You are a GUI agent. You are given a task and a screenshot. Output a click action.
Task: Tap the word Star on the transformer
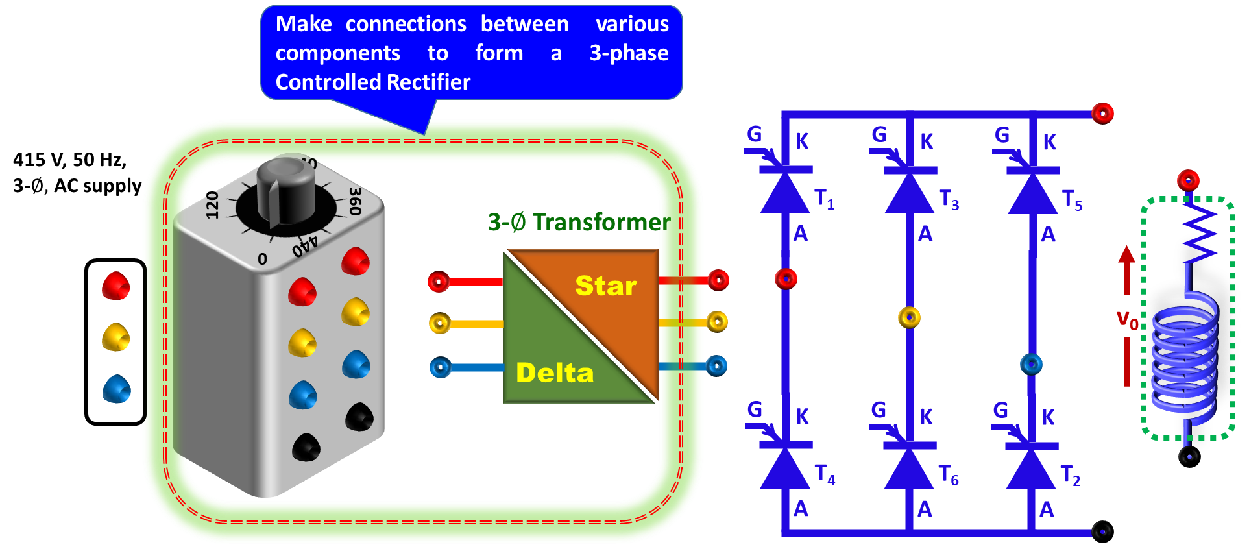pos(606,286)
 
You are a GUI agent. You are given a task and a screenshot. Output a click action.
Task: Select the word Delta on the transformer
pos(555,373)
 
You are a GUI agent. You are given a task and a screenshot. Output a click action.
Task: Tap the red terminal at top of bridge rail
pos(1102,114)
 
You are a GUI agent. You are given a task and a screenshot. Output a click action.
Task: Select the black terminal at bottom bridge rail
pos(1102,531)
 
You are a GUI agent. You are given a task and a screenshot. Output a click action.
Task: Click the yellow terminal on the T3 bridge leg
pos(909,317)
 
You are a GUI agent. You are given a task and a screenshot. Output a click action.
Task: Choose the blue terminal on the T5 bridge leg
pos(1031,364)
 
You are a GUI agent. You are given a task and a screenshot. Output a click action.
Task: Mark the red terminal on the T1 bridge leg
pos(786,279)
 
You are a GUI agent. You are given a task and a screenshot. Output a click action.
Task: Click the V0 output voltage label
pos(1127,319)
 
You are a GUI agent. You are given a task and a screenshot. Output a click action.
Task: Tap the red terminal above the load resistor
pos(1188,180)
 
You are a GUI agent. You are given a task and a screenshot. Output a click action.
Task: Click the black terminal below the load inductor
pos(1189,457)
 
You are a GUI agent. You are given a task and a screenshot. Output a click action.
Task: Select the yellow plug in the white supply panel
pos(116,337)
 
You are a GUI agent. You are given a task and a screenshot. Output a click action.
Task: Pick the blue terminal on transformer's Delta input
pos(441,368)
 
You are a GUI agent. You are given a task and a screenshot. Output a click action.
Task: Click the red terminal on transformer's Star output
pos(718,280)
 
